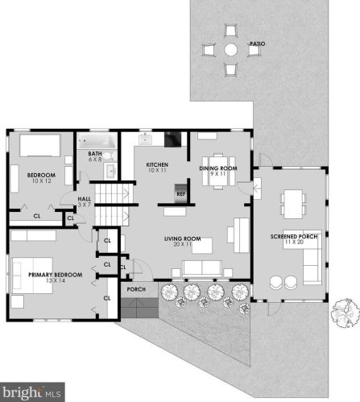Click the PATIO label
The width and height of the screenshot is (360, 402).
coord(258,44)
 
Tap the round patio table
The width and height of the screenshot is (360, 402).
coord(231,50)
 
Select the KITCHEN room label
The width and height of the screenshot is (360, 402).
coord(157,164)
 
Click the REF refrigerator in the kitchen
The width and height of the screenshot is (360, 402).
coord(180,193)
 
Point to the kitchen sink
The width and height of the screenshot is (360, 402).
coord(145,139)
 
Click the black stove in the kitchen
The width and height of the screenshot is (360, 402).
coord(173,139)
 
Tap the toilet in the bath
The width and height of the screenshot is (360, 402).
coord(110,155)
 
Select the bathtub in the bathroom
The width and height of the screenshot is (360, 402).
coord(97,141)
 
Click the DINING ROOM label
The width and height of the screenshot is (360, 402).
coord(218,168)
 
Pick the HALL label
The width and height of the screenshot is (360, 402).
coord(84,199)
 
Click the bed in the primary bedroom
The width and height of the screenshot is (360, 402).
coord(32,276)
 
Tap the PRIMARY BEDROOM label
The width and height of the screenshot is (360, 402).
coord(56,275)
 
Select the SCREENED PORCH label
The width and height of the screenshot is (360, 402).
coord(294,237)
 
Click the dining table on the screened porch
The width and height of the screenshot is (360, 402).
coord(293,204)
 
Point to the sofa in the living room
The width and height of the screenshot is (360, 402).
coord(202,268)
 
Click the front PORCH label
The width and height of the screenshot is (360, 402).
coord(136,289)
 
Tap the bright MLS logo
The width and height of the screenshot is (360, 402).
coord(32,392)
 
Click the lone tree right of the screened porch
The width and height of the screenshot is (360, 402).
coord(346,313)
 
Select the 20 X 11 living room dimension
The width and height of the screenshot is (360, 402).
coord(182,244)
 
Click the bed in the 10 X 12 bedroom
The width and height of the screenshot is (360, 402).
coord(40,146)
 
